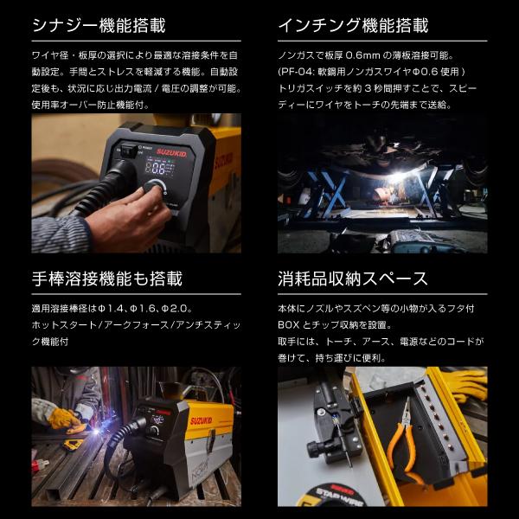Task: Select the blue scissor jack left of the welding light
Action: point(328,185)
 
